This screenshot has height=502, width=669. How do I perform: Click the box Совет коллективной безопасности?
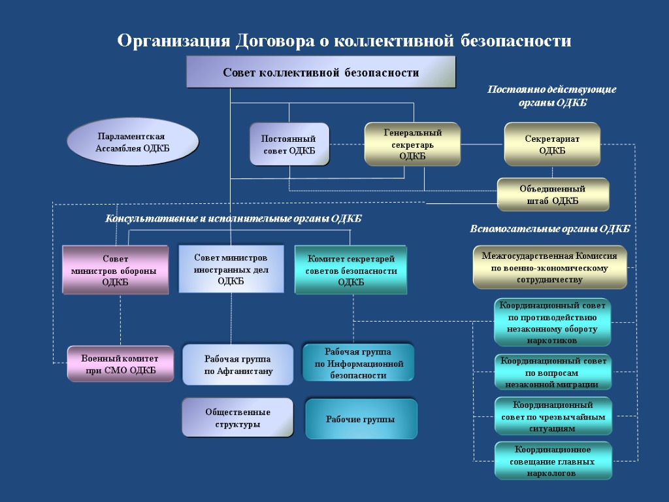(x=321, y=72)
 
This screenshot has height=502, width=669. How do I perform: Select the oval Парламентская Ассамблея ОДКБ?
(x=133, y=142)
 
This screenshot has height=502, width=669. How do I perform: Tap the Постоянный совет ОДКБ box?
(x=289, y=144)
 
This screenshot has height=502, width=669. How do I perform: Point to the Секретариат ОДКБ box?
(x=552, y=144)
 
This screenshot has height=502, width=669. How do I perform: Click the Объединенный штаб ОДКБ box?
(x=553, y=195)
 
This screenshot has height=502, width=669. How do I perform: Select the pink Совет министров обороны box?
(x=115, y=270)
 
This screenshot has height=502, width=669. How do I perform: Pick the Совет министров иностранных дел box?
(x=231, y=269)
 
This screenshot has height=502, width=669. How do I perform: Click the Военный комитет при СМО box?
(x=120, y=364)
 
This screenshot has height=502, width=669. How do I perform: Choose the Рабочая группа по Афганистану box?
(x=238, y=365)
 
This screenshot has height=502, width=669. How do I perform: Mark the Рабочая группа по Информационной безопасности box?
(x=359, y=363)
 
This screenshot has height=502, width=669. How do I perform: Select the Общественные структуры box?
(x=238, y=418)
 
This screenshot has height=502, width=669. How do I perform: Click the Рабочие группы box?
(x=361, y=419)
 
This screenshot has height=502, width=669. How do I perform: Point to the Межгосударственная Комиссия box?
(x=549, y=267)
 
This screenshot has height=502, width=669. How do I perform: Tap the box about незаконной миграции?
(x=553, y=372)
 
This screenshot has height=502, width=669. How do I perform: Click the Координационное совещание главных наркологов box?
(x=553, y=461)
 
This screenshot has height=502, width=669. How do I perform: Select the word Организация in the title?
(x=174, y=41)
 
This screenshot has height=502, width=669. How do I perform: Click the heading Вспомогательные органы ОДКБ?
(x=549, y=229)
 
